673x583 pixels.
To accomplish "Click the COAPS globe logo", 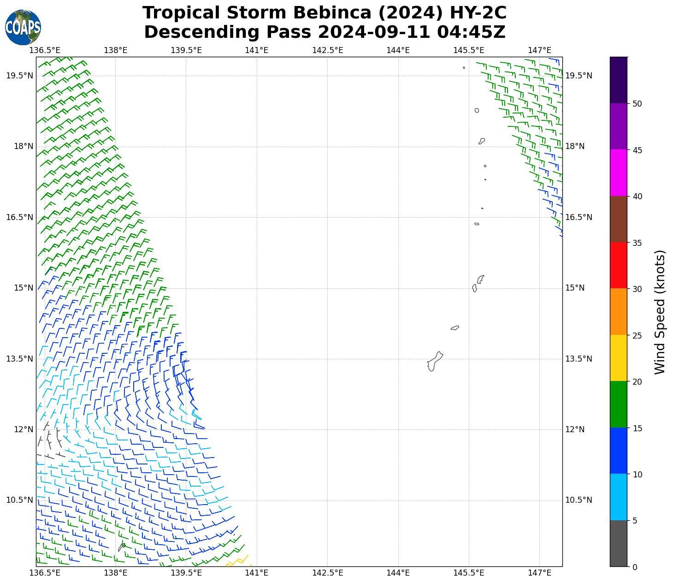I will pos(23,27).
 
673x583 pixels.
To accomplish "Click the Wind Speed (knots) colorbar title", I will pos(660,312).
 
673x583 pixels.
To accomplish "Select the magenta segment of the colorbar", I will pos(618,173).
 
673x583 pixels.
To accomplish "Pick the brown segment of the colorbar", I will pos(618,219).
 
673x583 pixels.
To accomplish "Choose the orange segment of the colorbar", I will pos(618,312).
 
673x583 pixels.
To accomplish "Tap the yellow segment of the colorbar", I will pos(618,358).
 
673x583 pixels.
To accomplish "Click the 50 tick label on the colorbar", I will pos(637,104).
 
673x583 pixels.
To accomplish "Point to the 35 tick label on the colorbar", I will pos(637,243).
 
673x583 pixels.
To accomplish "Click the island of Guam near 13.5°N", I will pos(434,361).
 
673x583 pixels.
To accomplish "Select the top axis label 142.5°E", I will pos(327,50).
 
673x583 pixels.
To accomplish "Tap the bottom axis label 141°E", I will pos(256,573).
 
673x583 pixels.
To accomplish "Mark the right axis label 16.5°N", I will pos(579,217).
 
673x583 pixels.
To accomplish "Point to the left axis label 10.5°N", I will pos(19,500).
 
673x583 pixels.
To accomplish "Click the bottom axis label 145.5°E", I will pos(469,573).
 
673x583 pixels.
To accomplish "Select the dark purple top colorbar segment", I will pos(618,80).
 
